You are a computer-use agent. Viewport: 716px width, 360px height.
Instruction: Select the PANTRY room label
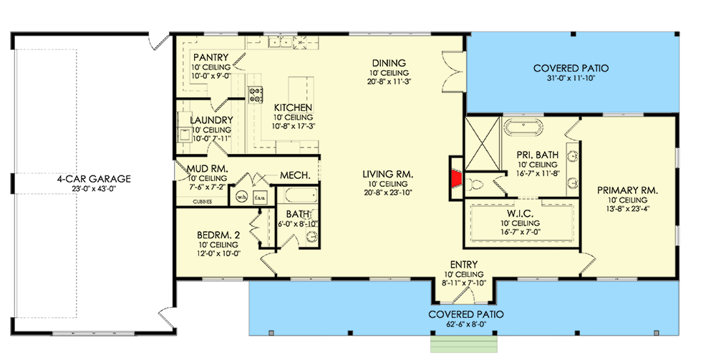[x=211, y=57]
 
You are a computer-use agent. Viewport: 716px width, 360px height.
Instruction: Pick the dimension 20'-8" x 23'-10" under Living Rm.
[x=389, y=193]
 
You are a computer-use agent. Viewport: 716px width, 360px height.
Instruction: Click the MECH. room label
[x=294, y=175]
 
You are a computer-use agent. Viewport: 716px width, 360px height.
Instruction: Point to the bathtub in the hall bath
[x=291, y=195]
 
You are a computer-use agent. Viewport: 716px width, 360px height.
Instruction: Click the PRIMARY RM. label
[x=627, y=190]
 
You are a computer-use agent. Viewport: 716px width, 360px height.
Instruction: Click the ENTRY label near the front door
[x=463, y=264]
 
